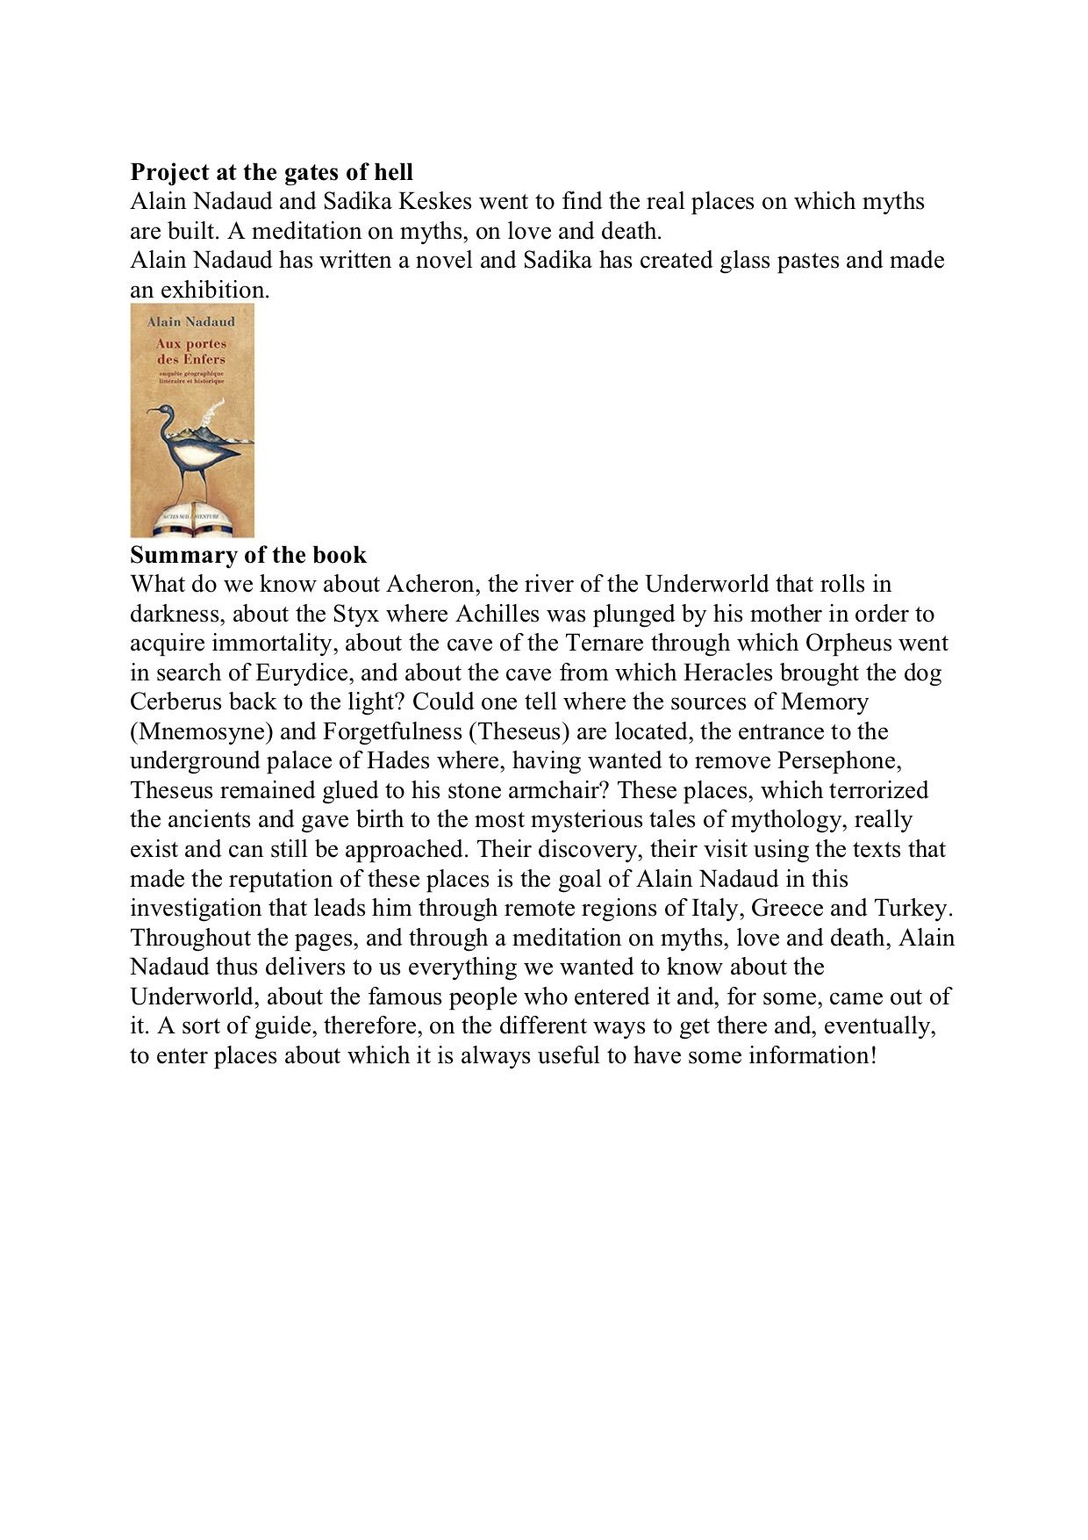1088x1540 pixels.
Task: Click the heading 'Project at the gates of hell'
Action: tap(271, 172)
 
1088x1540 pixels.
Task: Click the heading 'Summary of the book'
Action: tap(248, 555)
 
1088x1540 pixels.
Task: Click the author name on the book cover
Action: tap(191, 321)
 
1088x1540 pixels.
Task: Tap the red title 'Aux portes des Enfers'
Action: tap(191, 351)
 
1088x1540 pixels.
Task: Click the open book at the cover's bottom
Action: tap(191, 522)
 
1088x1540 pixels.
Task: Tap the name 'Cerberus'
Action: tap(176, 702)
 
